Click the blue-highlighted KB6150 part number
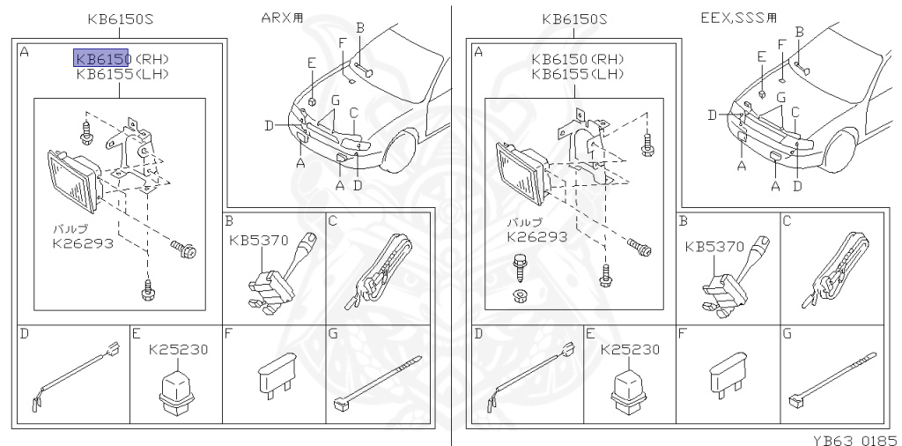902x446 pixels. pyautogui.click(x=101, y=58)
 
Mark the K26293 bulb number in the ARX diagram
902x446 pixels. pyautogui.click(x=83, y=242)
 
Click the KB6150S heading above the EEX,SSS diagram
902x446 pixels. pyautogui.click(x=574, y=19)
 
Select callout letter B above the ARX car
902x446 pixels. pyautogui.click(x=360, y=29)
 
